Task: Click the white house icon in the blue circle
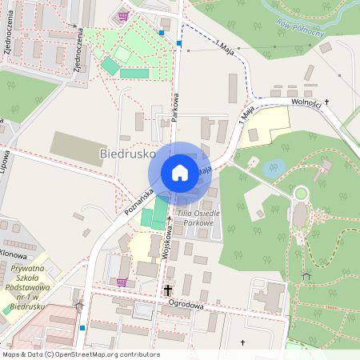pos(180,172)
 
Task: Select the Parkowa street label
pos(174,104)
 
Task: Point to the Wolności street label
pos(306,102)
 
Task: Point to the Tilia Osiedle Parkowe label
pos(195,218)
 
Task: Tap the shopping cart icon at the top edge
pos(122,15)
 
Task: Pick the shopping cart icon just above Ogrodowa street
pos(121,282)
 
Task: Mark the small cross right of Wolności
pos(327,102)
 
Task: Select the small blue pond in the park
pos(274,168)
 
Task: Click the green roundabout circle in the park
pos(301,193)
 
